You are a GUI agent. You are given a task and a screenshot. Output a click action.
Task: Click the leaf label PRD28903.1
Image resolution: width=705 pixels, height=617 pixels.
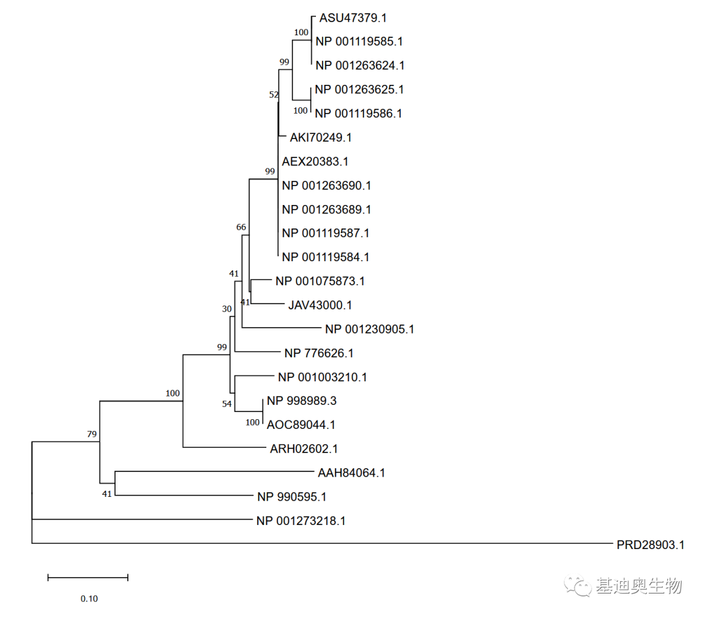(650, 545)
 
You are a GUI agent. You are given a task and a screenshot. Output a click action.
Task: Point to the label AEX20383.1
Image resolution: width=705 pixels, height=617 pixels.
(315, 161)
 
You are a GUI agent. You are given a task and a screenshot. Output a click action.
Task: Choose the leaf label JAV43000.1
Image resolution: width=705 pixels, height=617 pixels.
(320, 305)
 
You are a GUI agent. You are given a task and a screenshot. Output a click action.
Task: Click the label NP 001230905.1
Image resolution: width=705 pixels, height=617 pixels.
(369, 329)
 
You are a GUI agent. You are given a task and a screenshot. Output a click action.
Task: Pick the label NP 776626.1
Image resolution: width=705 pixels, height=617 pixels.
(319, 353)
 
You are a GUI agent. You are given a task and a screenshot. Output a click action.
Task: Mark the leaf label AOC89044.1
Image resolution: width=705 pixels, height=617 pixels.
(301, 425)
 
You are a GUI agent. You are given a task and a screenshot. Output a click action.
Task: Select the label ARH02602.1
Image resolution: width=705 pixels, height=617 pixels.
(304, 449)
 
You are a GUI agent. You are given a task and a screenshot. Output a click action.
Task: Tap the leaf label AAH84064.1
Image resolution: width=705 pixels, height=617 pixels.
(351, 473)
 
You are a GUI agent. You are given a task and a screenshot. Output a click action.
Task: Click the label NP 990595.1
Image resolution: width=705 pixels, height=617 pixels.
(291, 497)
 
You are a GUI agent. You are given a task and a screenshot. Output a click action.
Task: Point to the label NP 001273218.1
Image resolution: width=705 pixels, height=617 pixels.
(301, 521)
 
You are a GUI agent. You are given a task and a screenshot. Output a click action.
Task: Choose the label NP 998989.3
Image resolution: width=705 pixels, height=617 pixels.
(302, 401)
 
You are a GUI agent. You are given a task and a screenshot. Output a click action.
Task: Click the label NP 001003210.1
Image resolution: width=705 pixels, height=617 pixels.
(322, 377)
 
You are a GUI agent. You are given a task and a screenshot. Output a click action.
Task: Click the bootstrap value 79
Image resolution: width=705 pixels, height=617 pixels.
(92, 434)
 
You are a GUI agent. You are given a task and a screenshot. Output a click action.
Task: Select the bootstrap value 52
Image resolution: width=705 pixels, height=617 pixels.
(274, 95)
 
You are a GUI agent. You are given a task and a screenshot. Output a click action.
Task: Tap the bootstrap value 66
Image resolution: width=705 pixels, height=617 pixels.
(241, 227)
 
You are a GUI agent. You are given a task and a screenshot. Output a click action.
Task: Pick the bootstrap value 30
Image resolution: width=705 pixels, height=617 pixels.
(227, 309)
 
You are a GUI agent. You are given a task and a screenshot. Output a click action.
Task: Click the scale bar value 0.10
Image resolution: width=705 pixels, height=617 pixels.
(89, 599)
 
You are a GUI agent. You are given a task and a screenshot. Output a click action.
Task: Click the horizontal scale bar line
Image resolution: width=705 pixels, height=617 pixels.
(88, 577)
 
